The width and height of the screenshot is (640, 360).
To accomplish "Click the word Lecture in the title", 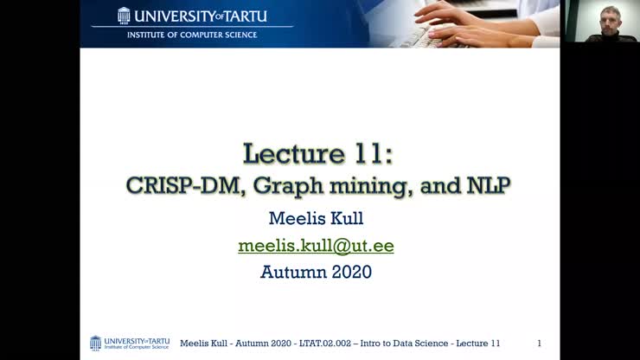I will tap(292, 154).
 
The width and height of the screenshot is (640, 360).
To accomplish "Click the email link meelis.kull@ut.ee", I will tap(316, 246).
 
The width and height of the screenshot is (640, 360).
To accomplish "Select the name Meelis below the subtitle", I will tap(294, 219).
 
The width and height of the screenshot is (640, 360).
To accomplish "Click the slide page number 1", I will tap(539, 344).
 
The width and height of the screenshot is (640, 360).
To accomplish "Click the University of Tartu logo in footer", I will tap(130, 344).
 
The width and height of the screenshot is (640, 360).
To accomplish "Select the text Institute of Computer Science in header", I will tap(192, 35).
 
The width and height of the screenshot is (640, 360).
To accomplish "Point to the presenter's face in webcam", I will tap(611, 18).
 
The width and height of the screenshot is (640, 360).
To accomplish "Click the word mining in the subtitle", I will tap(340, 185).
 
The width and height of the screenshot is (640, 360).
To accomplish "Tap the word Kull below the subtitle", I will tap(346, 219).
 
